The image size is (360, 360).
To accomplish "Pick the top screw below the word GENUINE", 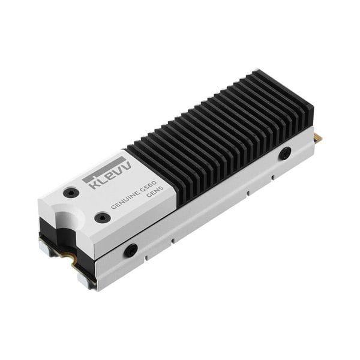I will (103, 217).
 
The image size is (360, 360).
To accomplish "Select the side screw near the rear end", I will (285, 153).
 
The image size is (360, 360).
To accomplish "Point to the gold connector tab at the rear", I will (317, 138).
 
